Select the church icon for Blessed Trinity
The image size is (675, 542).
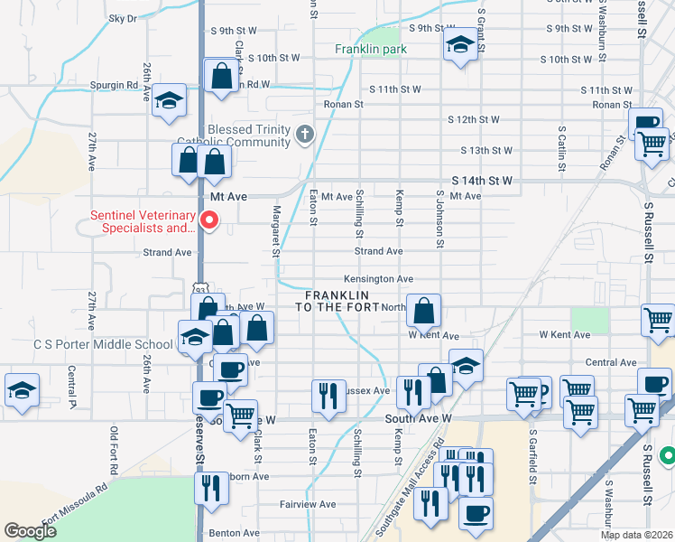(x=305, y=135)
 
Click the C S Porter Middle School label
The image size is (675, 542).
(x=102, y=344)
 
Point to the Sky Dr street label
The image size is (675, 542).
(x=122, y=18)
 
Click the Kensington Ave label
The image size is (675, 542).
(x=378, y=279)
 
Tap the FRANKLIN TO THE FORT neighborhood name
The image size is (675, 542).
(x=337, y=302)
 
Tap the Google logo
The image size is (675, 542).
(x=30, y=531)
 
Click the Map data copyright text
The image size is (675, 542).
(x=637, y=535)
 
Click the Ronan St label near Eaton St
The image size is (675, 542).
(x=344, y=104)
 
